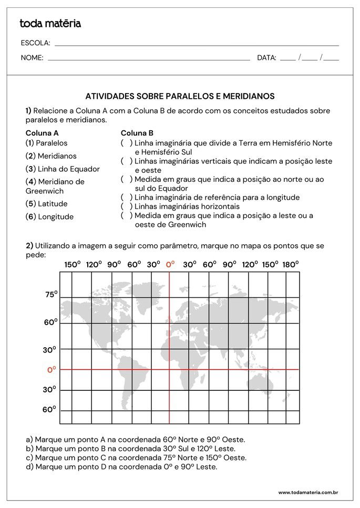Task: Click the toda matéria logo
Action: [x=50, y=24]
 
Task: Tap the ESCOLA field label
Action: [x=35, y=43]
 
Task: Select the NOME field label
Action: [x=32, y=58]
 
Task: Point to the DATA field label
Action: [x=266, y=58]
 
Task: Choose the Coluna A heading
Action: [x=42, y=133]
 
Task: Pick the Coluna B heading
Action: [x=137, y=133]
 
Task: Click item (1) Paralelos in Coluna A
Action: [x=47, y=143]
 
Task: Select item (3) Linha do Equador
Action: [x=63, y=169]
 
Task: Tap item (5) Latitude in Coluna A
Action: [x=47, y=204]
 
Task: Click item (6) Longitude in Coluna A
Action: [x=49, y=217]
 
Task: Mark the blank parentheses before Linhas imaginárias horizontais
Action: [x=126, y=206]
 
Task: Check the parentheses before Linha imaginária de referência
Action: [x=126, y=198]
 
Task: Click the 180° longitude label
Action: [x=290, y=264]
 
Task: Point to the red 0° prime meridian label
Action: [x=170, y=264]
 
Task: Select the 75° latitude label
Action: [x=51, y=295]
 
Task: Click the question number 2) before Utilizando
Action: [x=29, y=245]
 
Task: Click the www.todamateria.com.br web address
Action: [x=307, y=493]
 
